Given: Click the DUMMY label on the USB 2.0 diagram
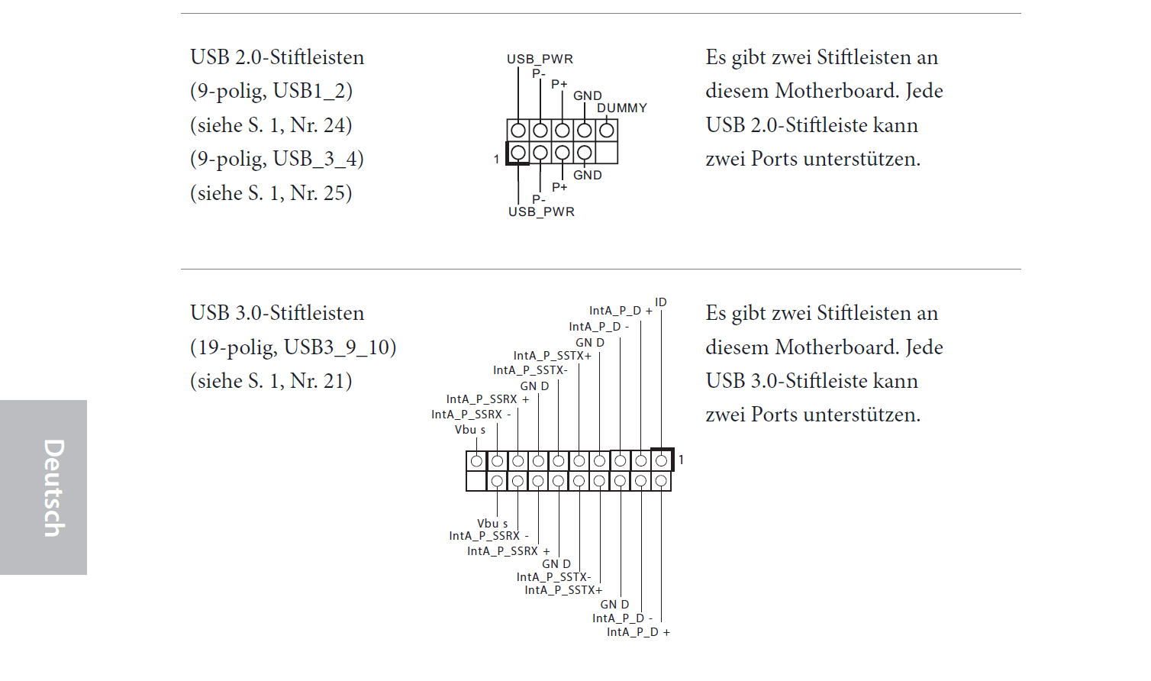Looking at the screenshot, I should pyautogui.click(x=621, y=108).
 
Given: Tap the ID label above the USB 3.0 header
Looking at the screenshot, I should pyautogui.click(x=661, y=302).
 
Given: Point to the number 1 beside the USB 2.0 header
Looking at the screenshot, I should pyautogui.click(x=496, y=160).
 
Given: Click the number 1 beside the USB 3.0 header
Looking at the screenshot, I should pyautogui.click(x=681, y=460).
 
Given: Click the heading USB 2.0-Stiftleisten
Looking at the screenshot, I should pyautogui.click(x=277, y=57).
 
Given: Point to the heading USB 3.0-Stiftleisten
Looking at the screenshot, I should pyautogui.click(x=277, y=313).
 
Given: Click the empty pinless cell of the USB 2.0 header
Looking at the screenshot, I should pyautogui.click(x=607, y=153).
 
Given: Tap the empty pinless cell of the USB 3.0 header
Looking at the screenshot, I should pyautogui.click(x=476, y=481).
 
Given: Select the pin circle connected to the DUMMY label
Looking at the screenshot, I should pyautogui.click(x=607, y=131).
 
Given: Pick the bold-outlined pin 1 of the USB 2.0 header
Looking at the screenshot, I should pyautogui.click(x=518, y=153).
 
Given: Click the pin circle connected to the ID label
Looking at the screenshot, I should pyautogui.click(x=661, y=460).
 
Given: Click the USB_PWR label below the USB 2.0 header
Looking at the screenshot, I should pyautogui.click(x=541, y=212).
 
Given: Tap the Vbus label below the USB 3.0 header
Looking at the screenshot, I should pyautogui.click(x=492, y=524).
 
